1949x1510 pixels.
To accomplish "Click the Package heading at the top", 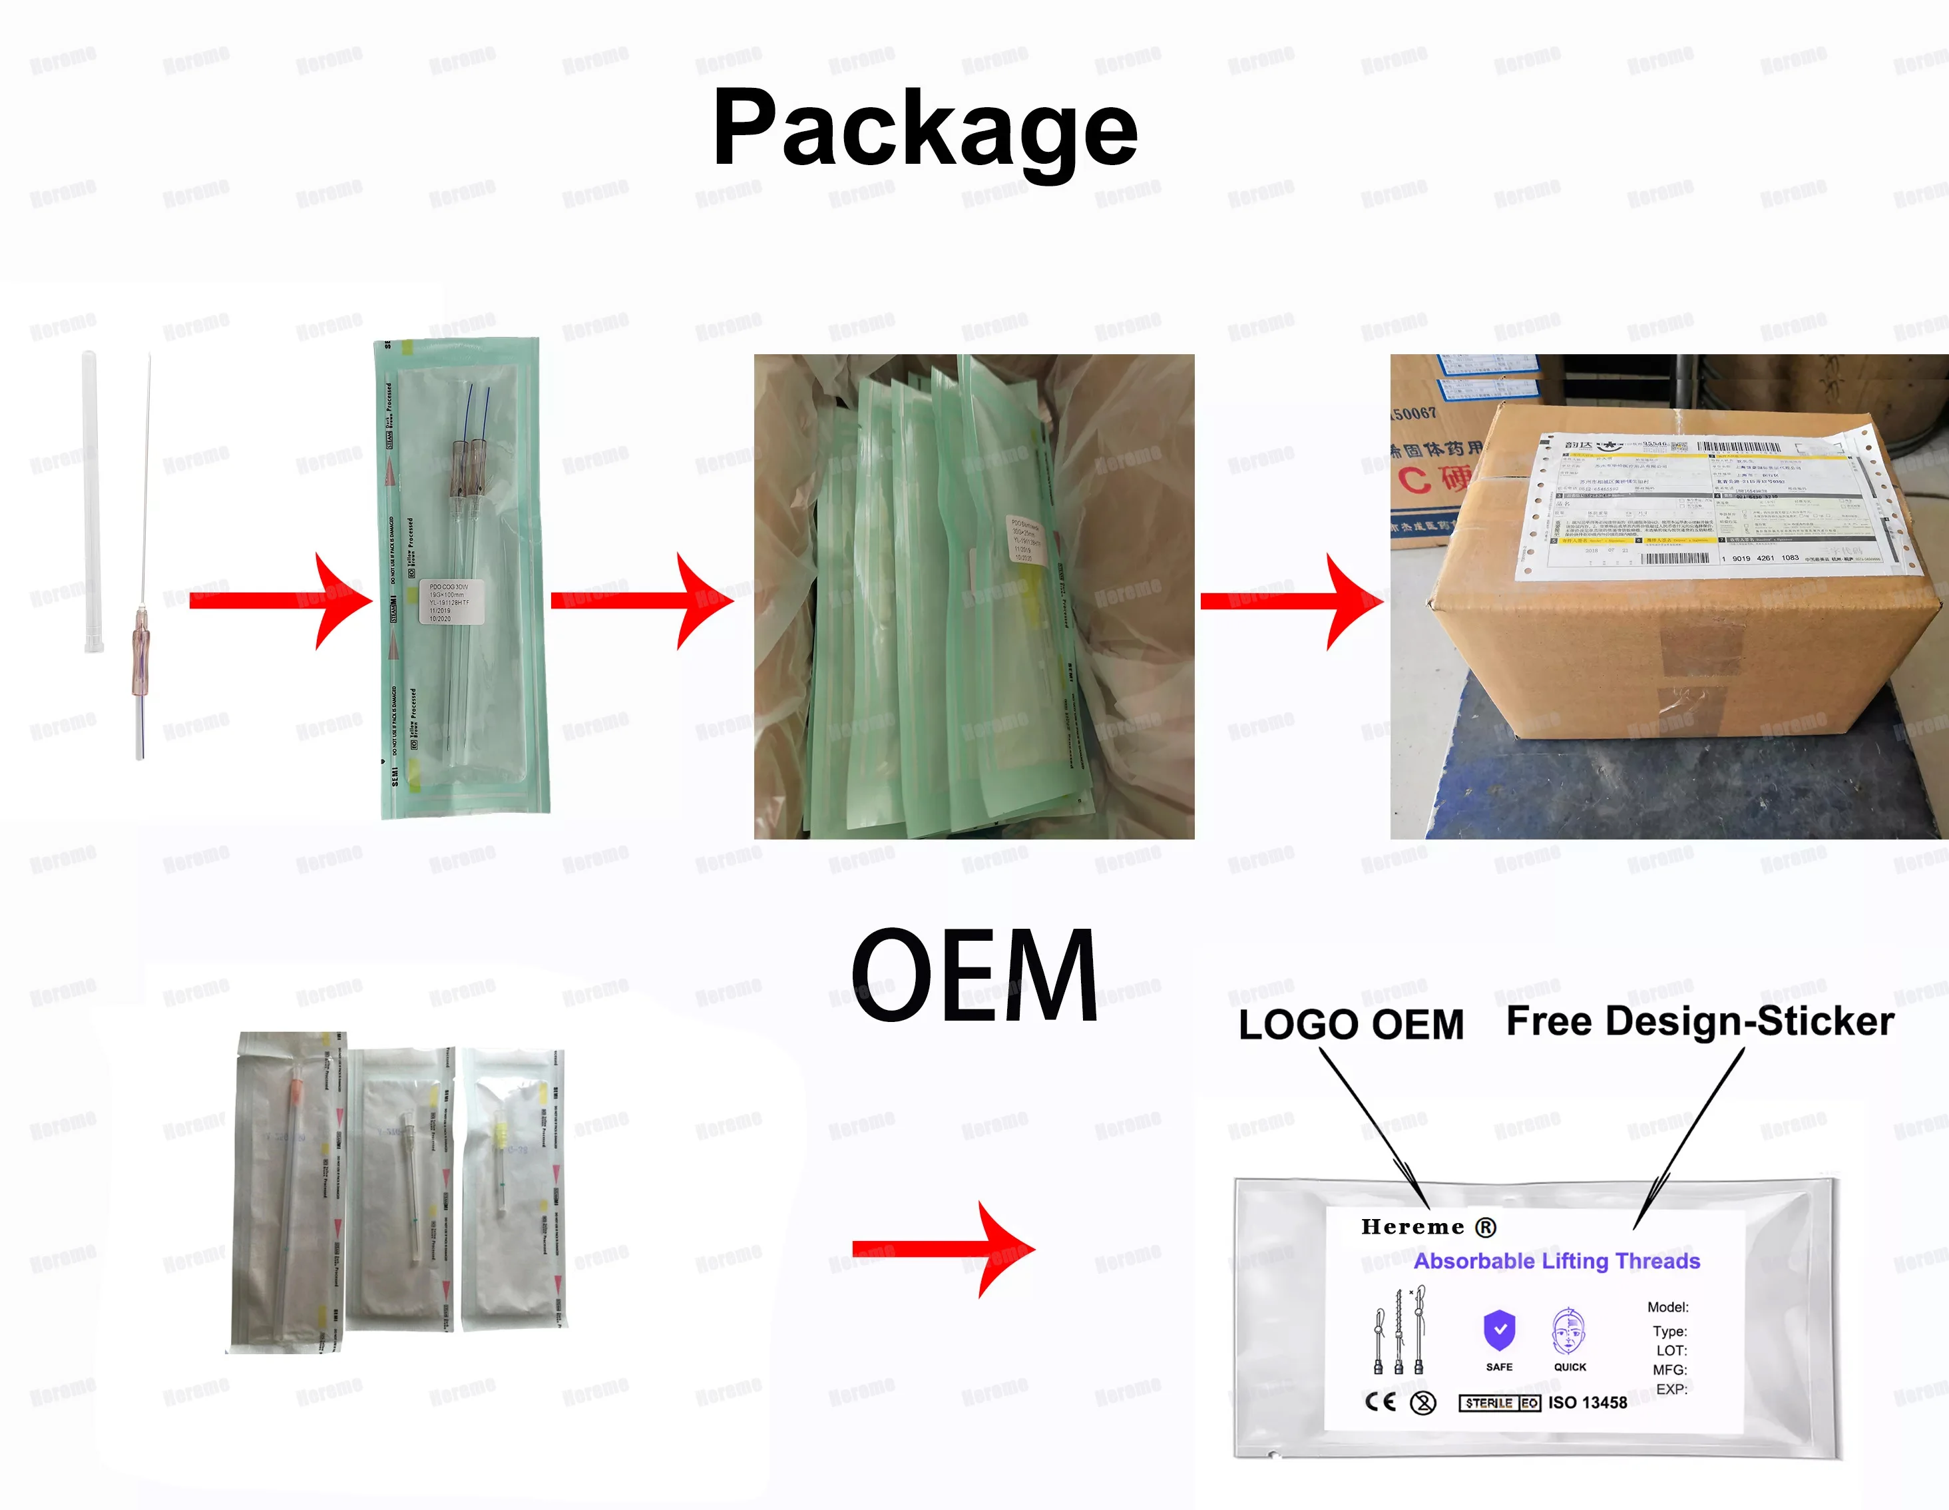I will coord(925,129).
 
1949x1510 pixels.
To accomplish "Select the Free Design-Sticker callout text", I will coord(1699,1021).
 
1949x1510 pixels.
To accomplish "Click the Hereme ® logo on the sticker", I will coord(1427,1227).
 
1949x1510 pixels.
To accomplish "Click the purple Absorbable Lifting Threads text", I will coord(1556,1261).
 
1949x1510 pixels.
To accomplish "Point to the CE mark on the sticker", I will coord(1381,1402).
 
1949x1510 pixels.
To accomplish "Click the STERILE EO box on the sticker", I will coord(1499,1403).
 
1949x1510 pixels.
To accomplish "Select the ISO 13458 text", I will coord(1588,1403).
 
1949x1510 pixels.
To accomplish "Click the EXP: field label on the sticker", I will coord(1671,1389).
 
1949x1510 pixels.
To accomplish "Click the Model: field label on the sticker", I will coord(1667,1308).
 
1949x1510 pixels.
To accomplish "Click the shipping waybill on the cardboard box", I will coord(1700,500).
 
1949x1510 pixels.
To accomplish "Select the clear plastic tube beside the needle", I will coord(92,500).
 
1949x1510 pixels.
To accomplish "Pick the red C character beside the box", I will coord(1414,480).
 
